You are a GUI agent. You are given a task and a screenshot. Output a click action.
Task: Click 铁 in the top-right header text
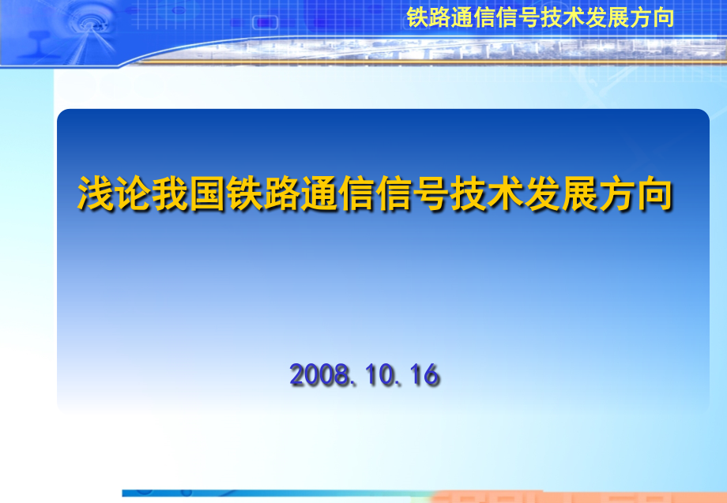pyautogui.click(x=416, y=17)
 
